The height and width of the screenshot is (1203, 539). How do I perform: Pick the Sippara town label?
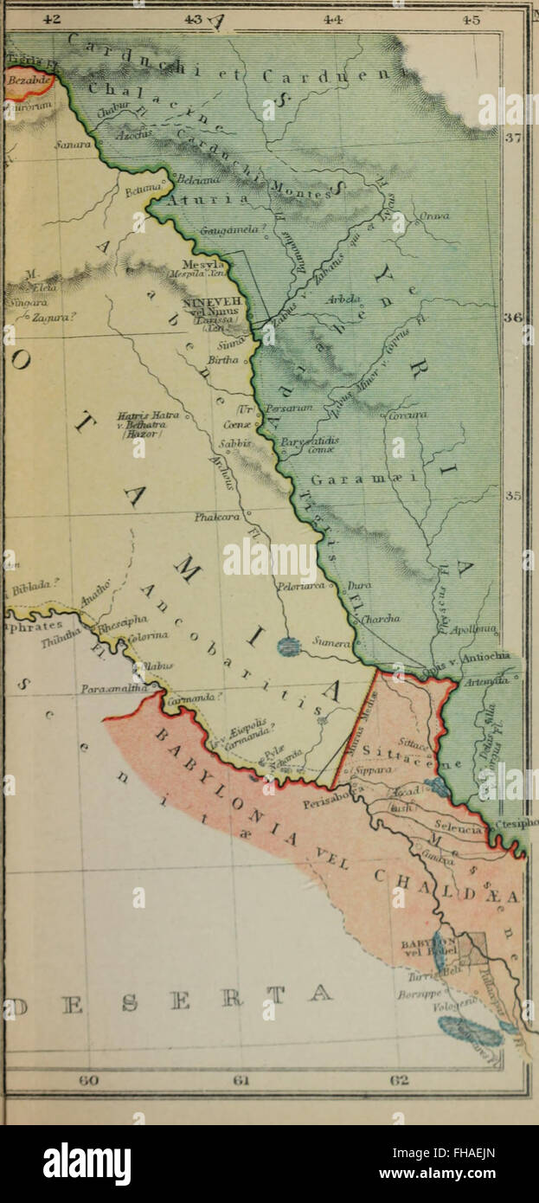click(375, 767)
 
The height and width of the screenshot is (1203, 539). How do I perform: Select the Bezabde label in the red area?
click(26, 80)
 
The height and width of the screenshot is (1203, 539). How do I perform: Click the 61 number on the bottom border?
click(242, 1079)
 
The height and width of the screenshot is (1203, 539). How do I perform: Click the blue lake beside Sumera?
click(290, 645)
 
